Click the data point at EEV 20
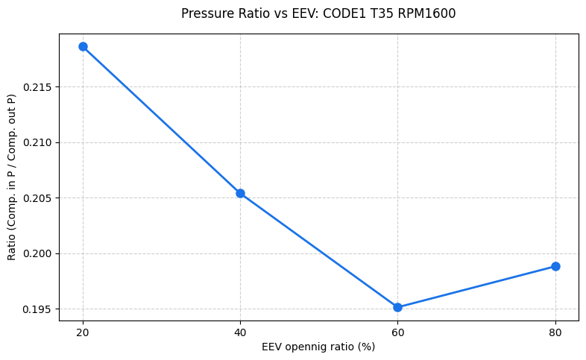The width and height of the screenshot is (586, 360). pos(83,46)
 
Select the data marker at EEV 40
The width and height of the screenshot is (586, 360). pos(240,193)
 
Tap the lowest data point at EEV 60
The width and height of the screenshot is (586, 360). pos(397,307)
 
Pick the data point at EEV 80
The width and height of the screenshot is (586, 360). pos(555,266)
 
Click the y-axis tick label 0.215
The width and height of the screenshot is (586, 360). pos(37,87)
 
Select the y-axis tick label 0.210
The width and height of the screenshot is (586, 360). pos(37,142)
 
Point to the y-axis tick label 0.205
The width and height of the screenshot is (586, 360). pos(37,198)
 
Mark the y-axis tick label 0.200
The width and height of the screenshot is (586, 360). pos(37,253)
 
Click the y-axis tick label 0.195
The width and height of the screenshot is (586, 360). pos(37,309)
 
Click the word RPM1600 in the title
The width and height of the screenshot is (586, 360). pos(429,13)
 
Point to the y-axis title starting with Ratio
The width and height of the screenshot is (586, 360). pos(11,177)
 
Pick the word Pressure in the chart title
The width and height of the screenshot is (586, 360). pos(204,13)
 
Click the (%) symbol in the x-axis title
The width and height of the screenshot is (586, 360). pos(365,347)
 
